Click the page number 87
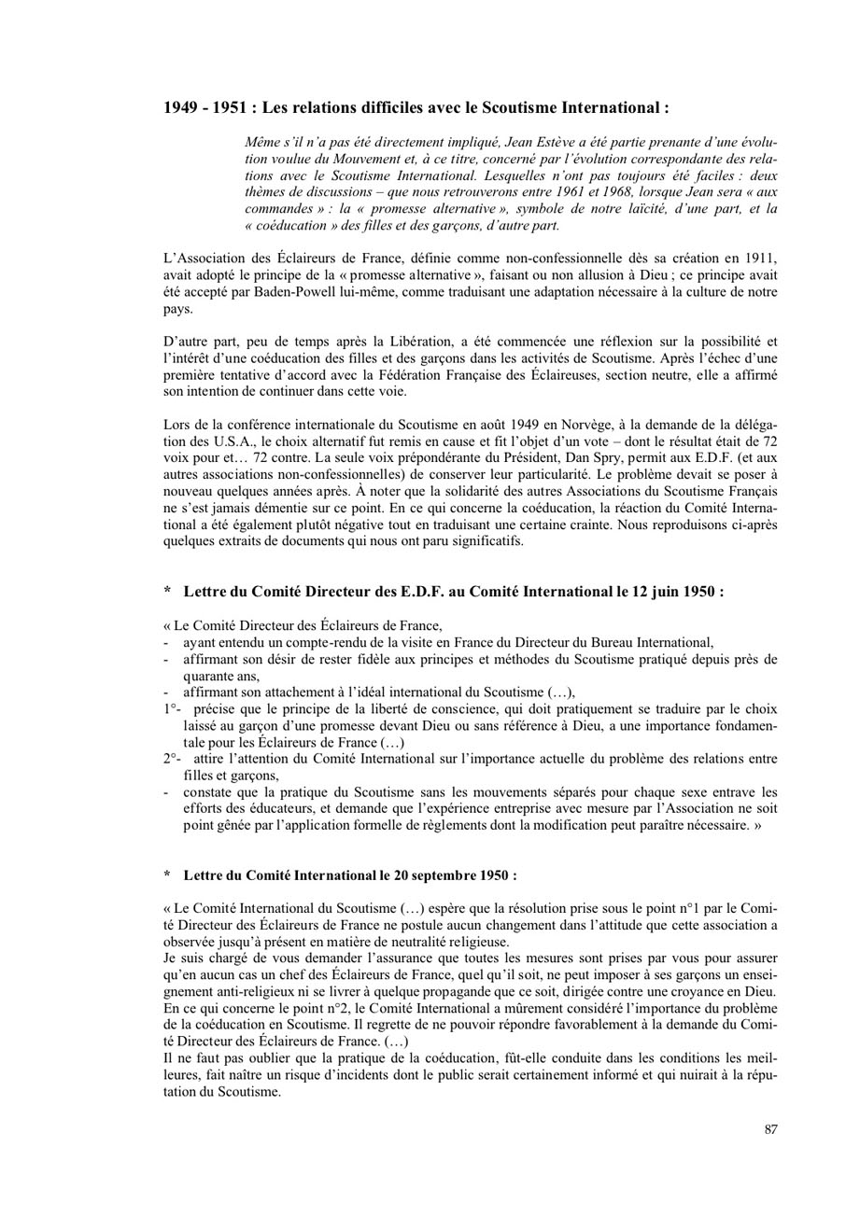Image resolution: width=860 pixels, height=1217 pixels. (x=770, y=1129)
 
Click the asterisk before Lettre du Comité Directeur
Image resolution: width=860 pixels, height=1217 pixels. (x=167, y=592)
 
